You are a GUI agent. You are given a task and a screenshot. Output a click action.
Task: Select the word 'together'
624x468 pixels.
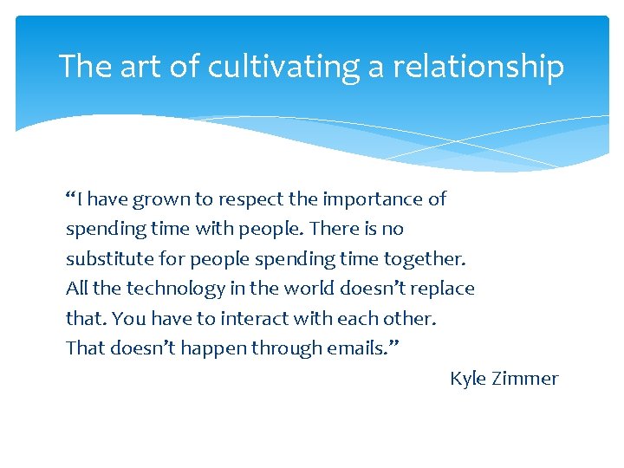(x=423, y=259)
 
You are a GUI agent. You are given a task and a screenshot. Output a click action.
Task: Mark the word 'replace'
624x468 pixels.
(x=441, y=289)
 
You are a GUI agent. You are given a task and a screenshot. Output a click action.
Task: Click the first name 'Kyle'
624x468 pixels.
(x=469, y=379)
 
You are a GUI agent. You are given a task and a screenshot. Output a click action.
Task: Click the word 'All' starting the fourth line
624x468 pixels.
(x=76, y=289)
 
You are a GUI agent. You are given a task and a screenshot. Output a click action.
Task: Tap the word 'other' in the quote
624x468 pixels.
(x=411, y=318)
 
